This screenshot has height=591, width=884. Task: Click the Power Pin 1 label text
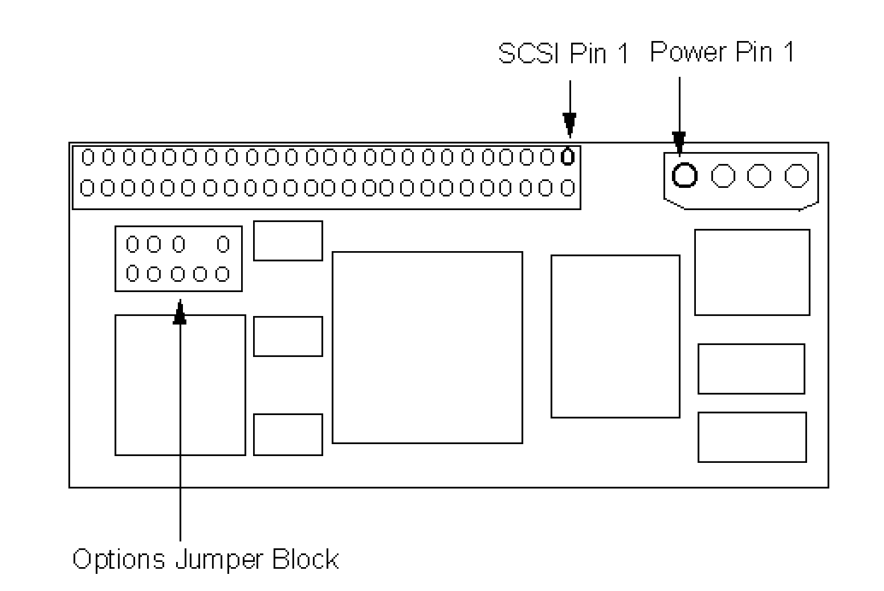click(x=722, y=53)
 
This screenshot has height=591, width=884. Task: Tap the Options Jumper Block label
click(x=205, y=560)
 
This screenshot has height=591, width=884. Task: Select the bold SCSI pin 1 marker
click(x=567, y=157)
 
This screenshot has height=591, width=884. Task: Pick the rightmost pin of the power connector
click(x=797, y=176)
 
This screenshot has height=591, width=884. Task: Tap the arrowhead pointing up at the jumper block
click(x=180, y=314)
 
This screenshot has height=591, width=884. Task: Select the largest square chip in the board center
click(x=427, y=347)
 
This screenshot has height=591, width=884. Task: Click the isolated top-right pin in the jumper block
click(x=223, y=245)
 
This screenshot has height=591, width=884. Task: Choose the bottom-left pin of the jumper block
click(x=133, y=274)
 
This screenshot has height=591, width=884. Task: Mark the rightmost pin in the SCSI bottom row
click(x=567, y=186)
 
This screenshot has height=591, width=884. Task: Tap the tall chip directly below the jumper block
click(x=180, y=384)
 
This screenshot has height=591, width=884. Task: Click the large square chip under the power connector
click(x=751, y=272)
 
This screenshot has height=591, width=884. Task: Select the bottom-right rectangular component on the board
click(x=751, y=436)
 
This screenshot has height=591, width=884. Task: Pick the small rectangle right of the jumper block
click(x=288, y=241)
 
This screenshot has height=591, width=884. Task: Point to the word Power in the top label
click(x=684, y=53)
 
